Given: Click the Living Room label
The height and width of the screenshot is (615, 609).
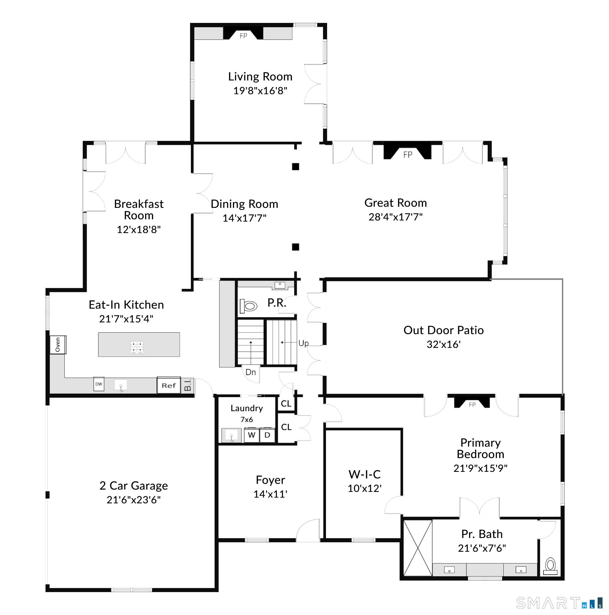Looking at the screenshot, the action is tap(260, 76).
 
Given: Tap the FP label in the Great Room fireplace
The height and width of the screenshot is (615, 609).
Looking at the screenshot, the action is tap(408, 155).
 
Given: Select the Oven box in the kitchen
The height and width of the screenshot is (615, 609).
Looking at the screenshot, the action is tap(58, 345).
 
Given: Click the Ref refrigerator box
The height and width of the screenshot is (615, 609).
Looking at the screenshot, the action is tap(169, 385).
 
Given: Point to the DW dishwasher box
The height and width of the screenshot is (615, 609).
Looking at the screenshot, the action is tap(99, 384).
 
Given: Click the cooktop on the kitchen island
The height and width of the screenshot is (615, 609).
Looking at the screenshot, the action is tap(137, 347).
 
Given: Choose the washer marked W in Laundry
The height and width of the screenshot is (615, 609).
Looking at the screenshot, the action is tap(251, 435).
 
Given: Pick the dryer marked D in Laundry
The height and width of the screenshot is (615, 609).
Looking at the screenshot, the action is tap(267, 435).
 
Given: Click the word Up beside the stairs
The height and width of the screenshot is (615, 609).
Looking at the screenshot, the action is tap(304, 344).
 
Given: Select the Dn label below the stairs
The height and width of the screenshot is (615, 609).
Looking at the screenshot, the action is tap(251, 372).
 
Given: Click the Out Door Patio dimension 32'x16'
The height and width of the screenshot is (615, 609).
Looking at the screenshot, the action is tap(444, 344).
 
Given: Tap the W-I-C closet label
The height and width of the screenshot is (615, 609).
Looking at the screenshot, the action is tap(365, 474).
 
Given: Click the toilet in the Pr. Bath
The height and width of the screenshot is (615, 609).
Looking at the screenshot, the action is tap(550, 566).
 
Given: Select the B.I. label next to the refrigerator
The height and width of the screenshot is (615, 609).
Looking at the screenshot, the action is tap(188, 385).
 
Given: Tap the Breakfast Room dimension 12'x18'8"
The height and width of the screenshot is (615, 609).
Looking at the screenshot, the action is tap(139, 230).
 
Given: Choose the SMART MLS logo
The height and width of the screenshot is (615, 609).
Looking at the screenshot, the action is tap(559, 603).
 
